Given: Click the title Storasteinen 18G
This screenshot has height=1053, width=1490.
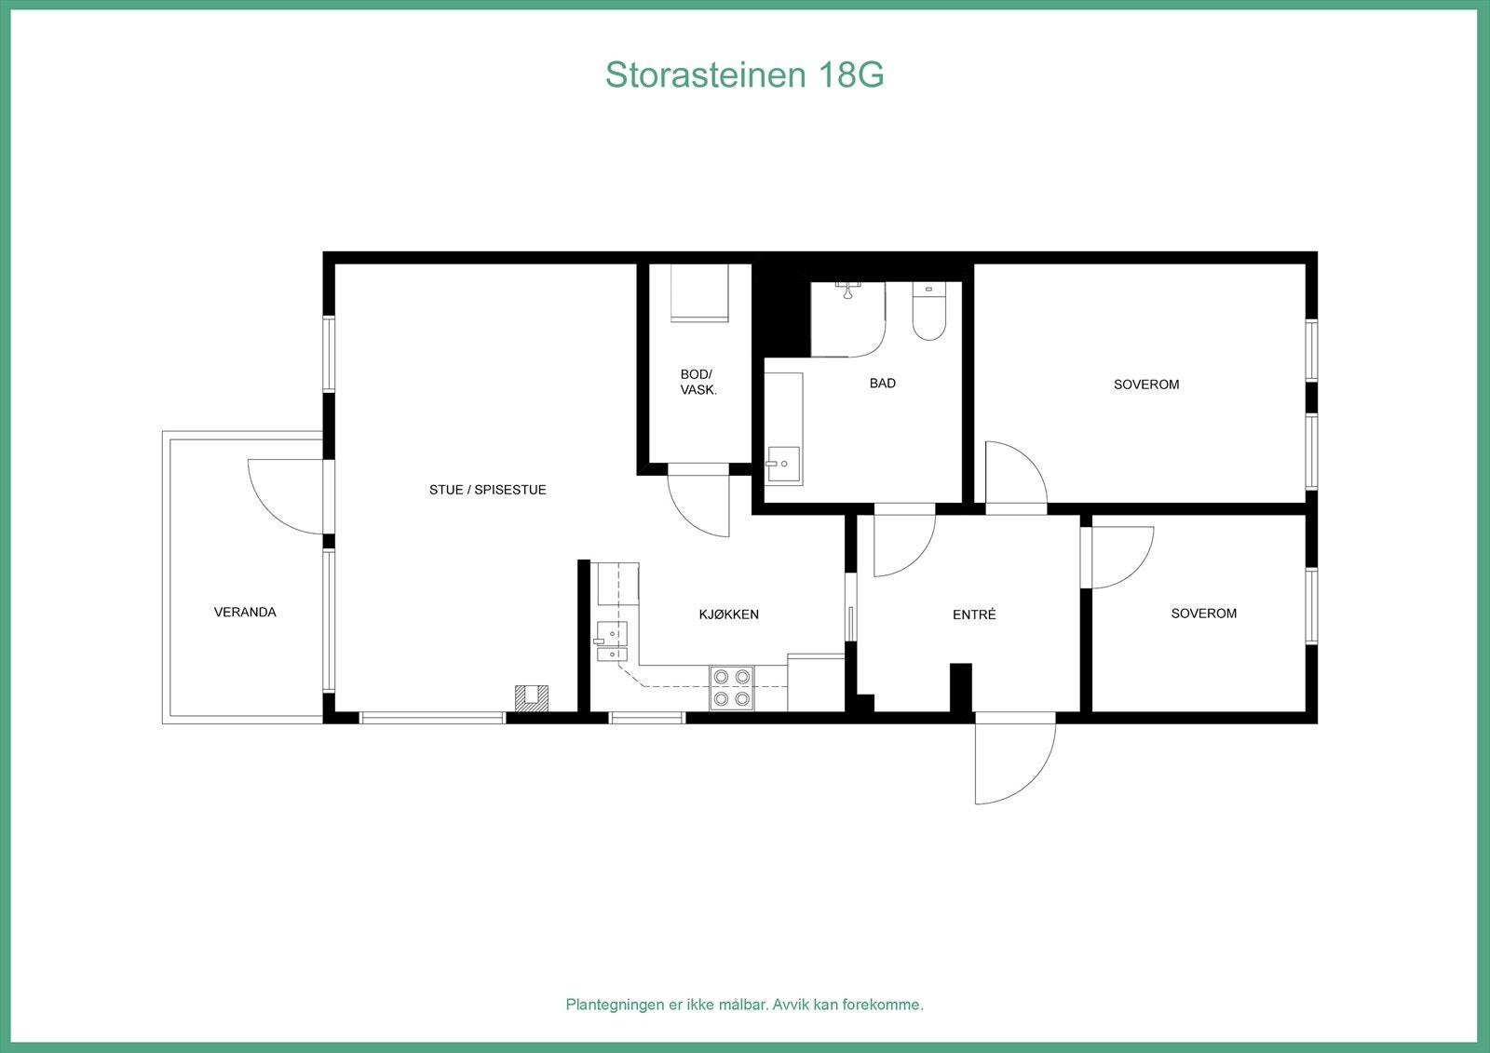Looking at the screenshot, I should click(x=744, y=74).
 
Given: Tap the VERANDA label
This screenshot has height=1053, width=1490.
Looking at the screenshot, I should click(x=245, y=613).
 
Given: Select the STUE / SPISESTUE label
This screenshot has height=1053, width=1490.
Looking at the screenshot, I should click(x=487, y=490).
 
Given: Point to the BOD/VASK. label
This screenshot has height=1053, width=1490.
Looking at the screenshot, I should click(x=698, y=383).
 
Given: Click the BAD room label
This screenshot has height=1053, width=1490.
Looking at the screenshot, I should click(x=882, y=384).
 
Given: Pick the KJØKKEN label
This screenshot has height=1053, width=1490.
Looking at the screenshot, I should click(x=728, y=614).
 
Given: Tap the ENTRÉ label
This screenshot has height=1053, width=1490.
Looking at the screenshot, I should click(x=974, y=614).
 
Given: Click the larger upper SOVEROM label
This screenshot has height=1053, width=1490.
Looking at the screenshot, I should click(x=1146, y=385).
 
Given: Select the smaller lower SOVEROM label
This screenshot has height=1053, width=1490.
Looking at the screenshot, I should click(x=1203, y=614).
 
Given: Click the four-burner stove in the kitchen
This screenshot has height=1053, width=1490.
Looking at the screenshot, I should click(x=731, y=688).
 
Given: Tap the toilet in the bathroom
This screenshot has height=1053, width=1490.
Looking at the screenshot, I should click(x=928, y=312).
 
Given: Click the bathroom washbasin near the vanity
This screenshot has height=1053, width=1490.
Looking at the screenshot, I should click(x=783, y=463).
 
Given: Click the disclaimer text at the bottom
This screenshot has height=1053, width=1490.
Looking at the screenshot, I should click(x=744, y=1005).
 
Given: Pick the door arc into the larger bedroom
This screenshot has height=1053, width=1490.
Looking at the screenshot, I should click(x=1016, y=475).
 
